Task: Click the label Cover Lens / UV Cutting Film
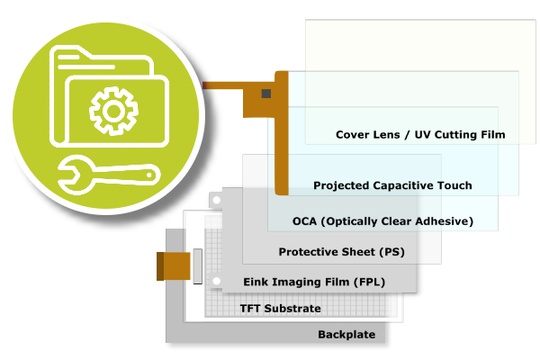420,135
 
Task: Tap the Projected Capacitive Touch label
392,185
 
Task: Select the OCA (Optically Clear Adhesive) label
382,220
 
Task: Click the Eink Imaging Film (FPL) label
314,282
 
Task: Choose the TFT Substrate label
280,309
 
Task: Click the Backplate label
345,335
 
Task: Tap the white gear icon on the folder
112,111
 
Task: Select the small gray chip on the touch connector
265,93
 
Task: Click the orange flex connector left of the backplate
174,266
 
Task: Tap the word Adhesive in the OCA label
440,220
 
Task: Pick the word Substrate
293,309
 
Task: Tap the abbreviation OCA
307,220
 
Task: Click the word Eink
257,282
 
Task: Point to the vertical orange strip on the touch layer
281,135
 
